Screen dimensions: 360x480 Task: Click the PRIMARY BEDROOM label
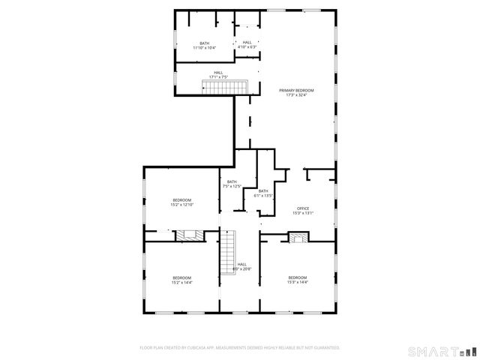(296, 90)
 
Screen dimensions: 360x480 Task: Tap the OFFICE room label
(303, 208)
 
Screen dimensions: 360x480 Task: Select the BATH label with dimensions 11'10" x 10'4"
(204, 43)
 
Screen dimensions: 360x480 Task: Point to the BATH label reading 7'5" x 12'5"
(232, 182)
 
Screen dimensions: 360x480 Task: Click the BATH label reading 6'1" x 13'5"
(263, 191)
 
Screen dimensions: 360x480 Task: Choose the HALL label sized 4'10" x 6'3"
(247, 43)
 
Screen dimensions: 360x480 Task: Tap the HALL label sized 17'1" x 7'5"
(217, 73)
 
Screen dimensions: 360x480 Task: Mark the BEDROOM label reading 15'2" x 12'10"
(181, 200)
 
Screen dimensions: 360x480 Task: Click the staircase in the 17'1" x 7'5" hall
(225, 88)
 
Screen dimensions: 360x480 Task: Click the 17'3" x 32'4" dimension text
(296, 94)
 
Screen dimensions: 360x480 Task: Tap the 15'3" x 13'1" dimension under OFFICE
(303, 213)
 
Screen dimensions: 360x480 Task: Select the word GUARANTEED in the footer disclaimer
(322, 347)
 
